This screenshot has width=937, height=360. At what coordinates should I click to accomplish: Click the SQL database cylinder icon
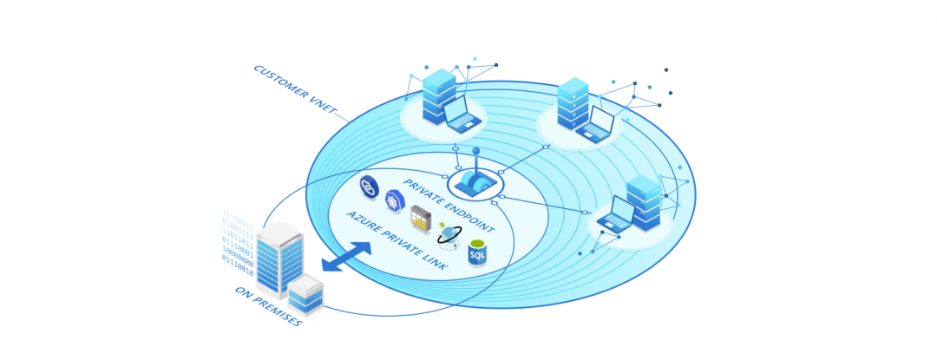pos(477,252)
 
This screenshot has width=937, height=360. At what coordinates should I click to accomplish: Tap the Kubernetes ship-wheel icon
pos(395,202)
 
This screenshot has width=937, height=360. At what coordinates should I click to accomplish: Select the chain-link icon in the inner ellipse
pos(370,186)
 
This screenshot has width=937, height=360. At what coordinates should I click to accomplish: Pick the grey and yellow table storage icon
pos(421,220)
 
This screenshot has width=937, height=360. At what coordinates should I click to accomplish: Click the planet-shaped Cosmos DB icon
pos(449,235)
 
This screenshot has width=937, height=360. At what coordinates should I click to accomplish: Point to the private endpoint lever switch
pos(475,180)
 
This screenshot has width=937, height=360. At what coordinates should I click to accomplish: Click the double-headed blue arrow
pos(346,257)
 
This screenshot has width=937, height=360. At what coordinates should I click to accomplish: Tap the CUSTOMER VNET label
pos(294,89)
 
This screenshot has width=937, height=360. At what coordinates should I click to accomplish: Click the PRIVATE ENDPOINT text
pos(448,206)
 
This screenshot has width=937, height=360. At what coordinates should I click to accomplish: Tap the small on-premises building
pos(305,295)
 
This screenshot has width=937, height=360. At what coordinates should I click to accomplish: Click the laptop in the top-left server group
pos(462,115)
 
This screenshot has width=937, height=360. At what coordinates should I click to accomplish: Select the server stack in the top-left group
pos(439,95)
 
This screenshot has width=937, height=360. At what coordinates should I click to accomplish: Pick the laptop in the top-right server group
pos(596,125)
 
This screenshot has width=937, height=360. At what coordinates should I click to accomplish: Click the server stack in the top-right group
pos(573,103)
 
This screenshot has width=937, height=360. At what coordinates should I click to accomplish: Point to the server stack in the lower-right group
pos(644,202)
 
